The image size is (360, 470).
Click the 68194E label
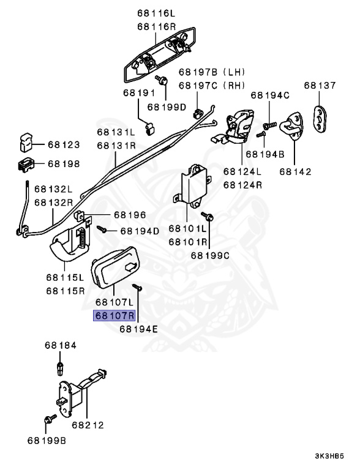point(139,329)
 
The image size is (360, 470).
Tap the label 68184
point(60,346)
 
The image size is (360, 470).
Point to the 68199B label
point(47,440)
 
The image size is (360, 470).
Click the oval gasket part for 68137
point(321,117)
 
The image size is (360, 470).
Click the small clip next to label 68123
point(25,143)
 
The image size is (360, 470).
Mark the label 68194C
point(270,95)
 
